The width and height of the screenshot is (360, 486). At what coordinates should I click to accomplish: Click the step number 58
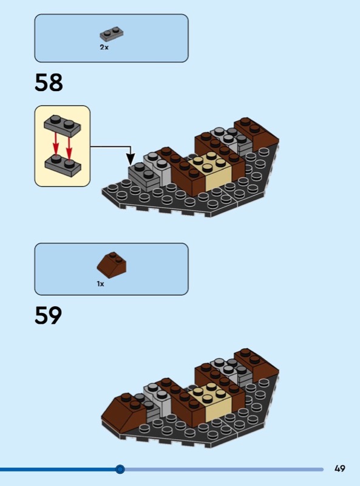[49, 83]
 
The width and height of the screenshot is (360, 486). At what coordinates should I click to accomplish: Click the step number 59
[49, 315]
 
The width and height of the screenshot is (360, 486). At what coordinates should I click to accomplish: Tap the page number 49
[340, 468]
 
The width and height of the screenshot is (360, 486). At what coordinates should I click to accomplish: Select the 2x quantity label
[104, 47]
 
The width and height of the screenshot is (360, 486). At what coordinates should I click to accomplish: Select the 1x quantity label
[100, 284]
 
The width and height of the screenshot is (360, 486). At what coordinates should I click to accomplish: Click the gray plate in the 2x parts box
[112, 33]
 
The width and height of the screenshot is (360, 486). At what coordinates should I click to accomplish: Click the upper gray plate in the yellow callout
[63, 126]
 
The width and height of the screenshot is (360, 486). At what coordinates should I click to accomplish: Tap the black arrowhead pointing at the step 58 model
[131, 159]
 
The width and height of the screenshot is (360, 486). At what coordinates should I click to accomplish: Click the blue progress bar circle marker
[120, 469]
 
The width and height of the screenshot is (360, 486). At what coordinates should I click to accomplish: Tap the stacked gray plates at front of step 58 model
[144, 176]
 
